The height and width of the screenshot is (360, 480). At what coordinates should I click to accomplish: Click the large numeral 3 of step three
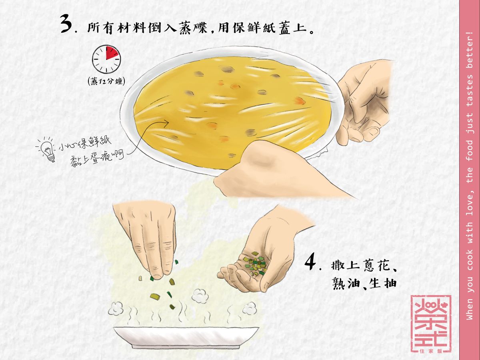[x=66, y=23]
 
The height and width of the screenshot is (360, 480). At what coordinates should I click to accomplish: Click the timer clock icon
[x=106, y=60]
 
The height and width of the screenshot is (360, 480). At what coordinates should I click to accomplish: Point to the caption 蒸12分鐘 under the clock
[x=106, y=82]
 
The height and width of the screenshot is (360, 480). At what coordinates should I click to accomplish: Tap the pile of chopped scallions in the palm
[x=254, y=263]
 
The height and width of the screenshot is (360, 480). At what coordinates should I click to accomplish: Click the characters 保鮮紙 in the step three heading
[x=254, y=28]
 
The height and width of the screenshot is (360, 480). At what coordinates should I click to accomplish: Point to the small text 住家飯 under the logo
[x=431, y=351]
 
